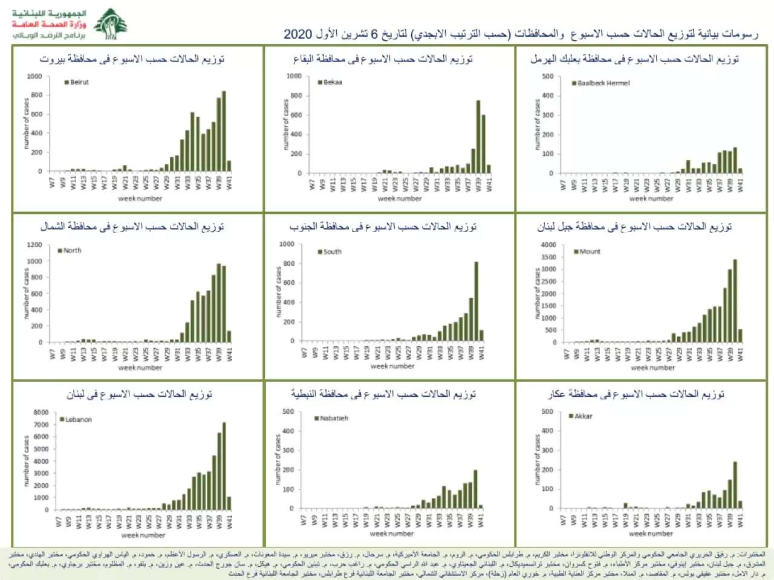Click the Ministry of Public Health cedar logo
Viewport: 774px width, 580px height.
[x=110, y=24]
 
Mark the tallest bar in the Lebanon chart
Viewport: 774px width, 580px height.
[x=224, y=466]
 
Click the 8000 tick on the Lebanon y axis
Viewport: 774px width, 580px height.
[x=41, y=413]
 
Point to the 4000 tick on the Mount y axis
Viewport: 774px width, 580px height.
[x=548, y=245]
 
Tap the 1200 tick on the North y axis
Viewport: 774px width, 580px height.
[x=35, y=245]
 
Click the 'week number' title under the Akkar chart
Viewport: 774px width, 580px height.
[x=651, y=533]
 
